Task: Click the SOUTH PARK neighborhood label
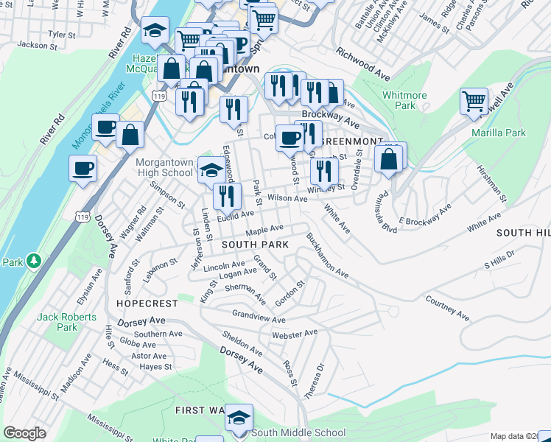250,244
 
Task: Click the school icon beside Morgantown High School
211,170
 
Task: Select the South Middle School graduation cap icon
239,418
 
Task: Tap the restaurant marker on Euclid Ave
227,195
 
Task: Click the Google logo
24,433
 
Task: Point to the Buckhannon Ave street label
326,256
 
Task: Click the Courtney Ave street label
447,308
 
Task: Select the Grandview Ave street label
258,316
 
